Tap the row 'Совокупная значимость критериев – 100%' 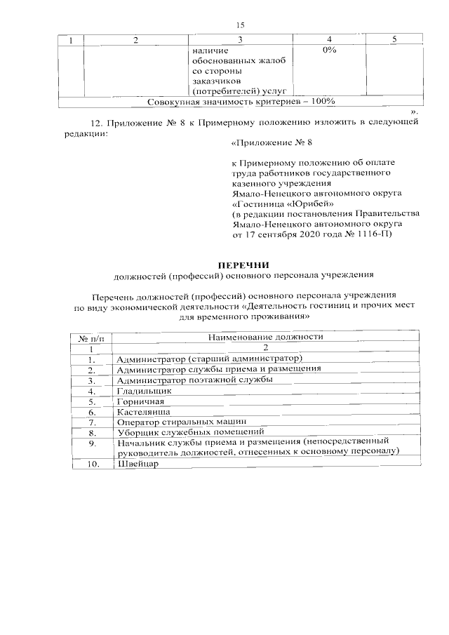tap(241, 102)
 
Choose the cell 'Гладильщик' tap(144, 390)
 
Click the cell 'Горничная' tap(141, 401)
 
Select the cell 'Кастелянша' tap(144, 412)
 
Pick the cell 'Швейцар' tap(138, 464)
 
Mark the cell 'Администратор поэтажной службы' tap(194, 380)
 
